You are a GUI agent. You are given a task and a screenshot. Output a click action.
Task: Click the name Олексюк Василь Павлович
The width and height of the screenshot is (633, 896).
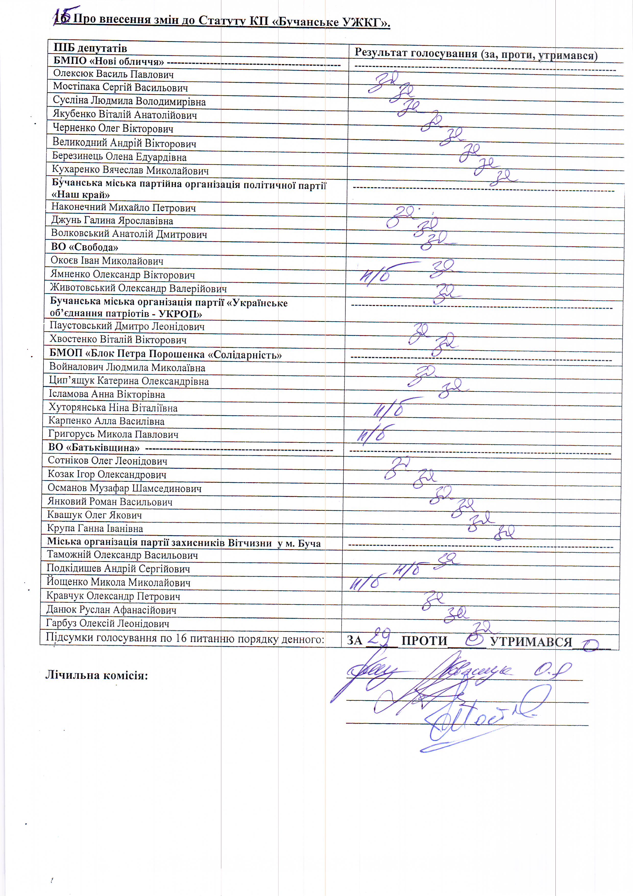(113, 74)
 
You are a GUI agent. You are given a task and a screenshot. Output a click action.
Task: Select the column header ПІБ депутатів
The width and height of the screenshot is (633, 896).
(90, 48)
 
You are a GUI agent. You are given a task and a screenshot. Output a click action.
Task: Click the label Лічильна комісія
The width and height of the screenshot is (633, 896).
(97, 675)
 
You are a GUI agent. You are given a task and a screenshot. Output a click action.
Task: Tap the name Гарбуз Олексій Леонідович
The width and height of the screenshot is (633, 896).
(108, 623)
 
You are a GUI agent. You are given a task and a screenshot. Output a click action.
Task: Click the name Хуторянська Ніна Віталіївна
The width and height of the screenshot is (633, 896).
(113, 408)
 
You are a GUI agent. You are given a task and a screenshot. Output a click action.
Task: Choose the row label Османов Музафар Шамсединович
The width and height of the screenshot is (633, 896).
(124, 488)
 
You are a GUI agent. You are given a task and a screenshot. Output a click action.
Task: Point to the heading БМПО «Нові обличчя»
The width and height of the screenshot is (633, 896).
(108, 61)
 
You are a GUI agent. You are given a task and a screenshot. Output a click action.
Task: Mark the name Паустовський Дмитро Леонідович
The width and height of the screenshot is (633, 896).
(127, 326)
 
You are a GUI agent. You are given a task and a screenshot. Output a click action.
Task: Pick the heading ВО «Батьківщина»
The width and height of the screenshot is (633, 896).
(94, 447)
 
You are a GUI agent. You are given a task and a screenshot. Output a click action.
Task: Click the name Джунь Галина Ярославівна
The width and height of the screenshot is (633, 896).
(112, 220)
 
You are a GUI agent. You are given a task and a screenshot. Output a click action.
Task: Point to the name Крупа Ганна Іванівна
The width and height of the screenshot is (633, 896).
(95, 528)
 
